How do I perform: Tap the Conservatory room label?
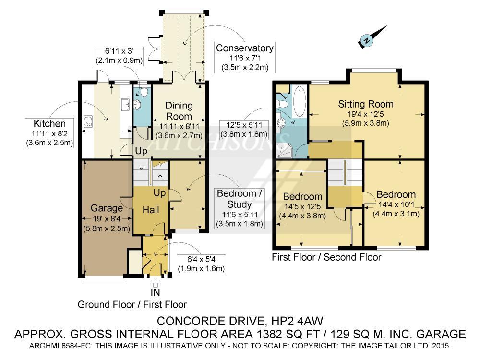tap(244, 48)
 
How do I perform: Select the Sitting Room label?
tap(365, 104)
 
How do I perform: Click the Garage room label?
tap(107, 208)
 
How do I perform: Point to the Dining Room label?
tap(179, 111)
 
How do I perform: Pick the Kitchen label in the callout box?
tap(49, 124)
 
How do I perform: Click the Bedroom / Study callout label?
tap(239, 199)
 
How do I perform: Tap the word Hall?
tap(151, 210)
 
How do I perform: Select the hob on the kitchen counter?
tap(88, 121)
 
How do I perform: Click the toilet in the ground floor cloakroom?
tap(143, 92)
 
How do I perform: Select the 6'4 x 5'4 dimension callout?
tap(201, 264)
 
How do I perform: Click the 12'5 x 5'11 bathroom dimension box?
tap(244, 130)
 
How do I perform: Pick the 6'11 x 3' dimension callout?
tap(119, 56)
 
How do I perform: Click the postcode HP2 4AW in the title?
tap(297, 321)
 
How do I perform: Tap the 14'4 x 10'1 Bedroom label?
tap(396, 204)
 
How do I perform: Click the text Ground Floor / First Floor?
tap(132, 305)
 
